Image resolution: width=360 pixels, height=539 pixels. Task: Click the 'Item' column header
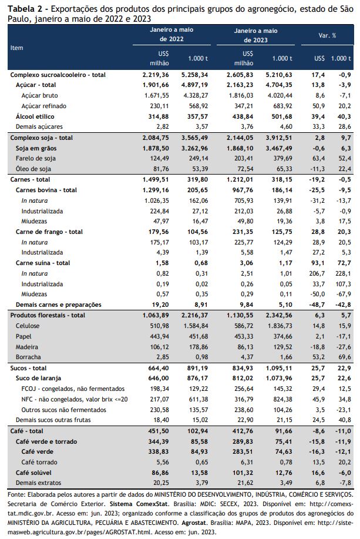16,48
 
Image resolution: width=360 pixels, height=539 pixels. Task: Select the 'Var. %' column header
327,35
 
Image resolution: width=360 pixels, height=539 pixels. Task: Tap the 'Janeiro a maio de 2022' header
171,34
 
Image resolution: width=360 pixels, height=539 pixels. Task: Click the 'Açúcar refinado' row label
43,106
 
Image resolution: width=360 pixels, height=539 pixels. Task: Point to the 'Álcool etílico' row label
35,116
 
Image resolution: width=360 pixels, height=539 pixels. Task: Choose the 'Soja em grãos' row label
36,148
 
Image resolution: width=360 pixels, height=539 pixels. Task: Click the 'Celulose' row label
28,326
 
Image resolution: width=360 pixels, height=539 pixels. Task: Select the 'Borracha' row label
28,357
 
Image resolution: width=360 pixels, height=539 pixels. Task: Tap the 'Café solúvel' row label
33,473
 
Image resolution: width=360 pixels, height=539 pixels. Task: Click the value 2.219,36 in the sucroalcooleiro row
156,75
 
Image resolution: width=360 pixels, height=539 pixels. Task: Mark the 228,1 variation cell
343,274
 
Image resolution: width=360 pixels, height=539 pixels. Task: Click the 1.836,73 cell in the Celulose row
279,326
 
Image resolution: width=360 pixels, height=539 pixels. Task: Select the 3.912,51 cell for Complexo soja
279,138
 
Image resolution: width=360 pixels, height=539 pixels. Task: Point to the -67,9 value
343,294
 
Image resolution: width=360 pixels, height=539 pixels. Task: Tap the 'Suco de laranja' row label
39,378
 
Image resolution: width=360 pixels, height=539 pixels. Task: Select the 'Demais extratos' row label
39,483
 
